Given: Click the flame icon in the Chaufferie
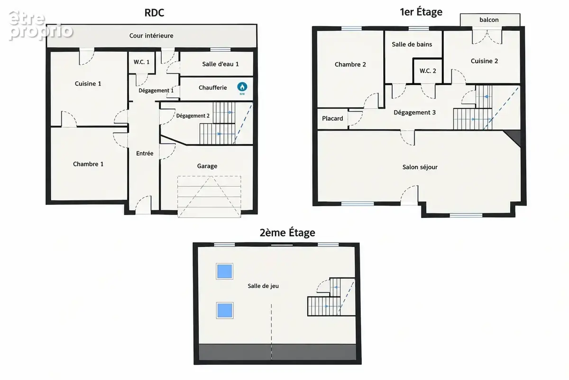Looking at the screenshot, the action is pyautogui.click(x=242, y=87).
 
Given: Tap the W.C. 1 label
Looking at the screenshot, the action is pyautogui.click(x=141, y=62).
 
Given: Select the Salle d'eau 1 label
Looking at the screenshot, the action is pyautogui.click(x=220, y=64).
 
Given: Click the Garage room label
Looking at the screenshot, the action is pyautogui.click(x=207, y=166).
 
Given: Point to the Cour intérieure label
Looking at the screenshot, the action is pyautogui.click(x=151, y=36).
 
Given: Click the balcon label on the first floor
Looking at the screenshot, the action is pyautogui.click(x=489, y=19).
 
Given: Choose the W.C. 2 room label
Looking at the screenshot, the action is pyautogui.click(x=428, y=71).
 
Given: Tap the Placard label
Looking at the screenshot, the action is pyautogui.click(x=332, y=118).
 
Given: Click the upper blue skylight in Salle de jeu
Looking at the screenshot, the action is pyautogui.click(x=225, y=271).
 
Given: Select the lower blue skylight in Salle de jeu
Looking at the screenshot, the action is pyautogui.click(x=225, y=310).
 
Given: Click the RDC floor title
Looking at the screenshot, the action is pyautogui.click(x=154, y=13).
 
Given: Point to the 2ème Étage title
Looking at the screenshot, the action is pyautogui.click(x=287, y=233).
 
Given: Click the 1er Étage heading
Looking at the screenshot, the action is pyautogui.click(x=421, y=12).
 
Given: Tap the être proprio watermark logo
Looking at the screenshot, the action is pyautogui.click(x=41, y=26).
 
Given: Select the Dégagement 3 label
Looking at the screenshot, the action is pyautogui.click(x=414, y=112).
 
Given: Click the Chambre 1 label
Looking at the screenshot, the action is pyautogui.click(x=88, y=164).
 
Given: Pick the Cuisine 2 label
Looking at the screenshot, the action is pyautogui.click(x=484, y=61).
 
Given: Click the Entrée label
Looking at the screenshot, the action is pyautogui.click(x=145, y=153).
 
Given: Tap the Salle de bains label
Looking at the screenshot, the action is pyautogui.click(x=412, y=44).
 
